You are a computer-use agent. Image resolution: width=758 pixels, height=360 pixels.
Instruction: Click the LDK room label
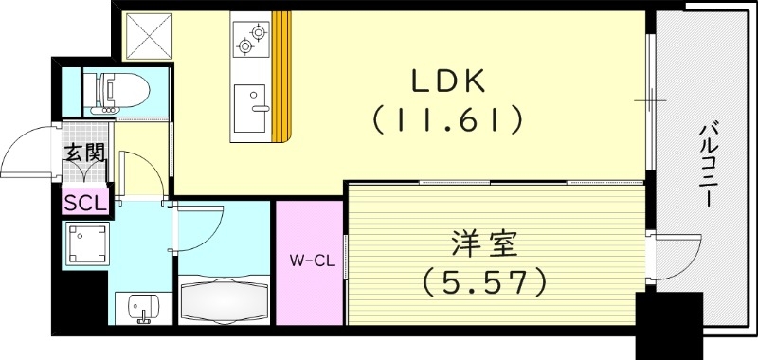click(448, 81)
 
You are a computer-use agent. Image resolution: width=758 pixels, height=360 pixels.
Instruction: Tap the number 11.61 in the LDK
click(448, 119)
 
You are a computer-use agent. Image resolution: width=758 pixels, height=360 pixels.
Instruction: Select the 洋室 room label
click(485, 243)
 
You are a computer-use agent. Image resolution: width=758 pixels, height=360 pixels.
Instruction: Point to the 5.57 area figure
click(485, 280)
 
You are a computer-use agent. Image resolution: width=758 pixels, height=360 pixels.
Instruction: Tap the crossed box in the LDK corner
click(147, 35)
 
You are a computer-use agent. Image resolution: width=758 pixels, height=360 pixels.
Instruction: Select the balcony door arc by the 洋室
click(677, 254)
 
